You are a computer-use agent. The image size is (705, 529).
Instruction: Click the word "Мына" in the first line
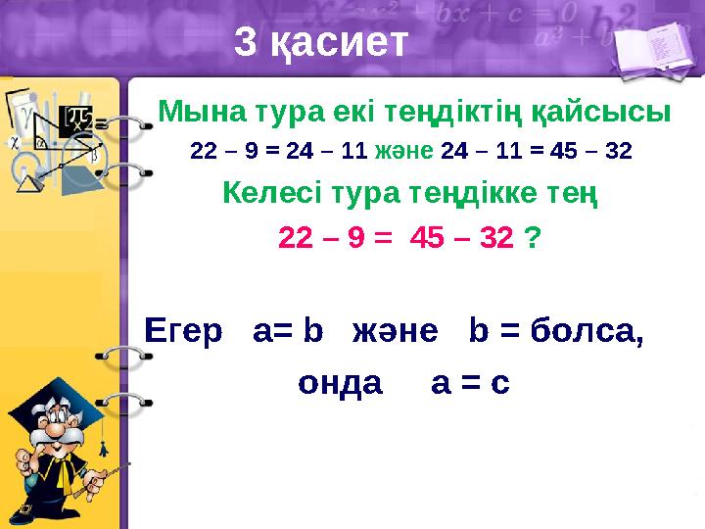pyautogui.click(x=193, y=111)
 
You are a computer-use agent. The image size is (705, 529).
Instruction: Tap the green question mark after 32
pyautogui.click(x=536, y=238)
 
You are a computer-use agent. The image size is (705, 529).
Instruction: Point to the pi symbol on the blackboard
pyautogui.click(x=76, y=120)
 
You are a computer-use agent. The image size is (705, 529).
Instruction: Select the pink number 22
pyautogui.click(x=299, y=238)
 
